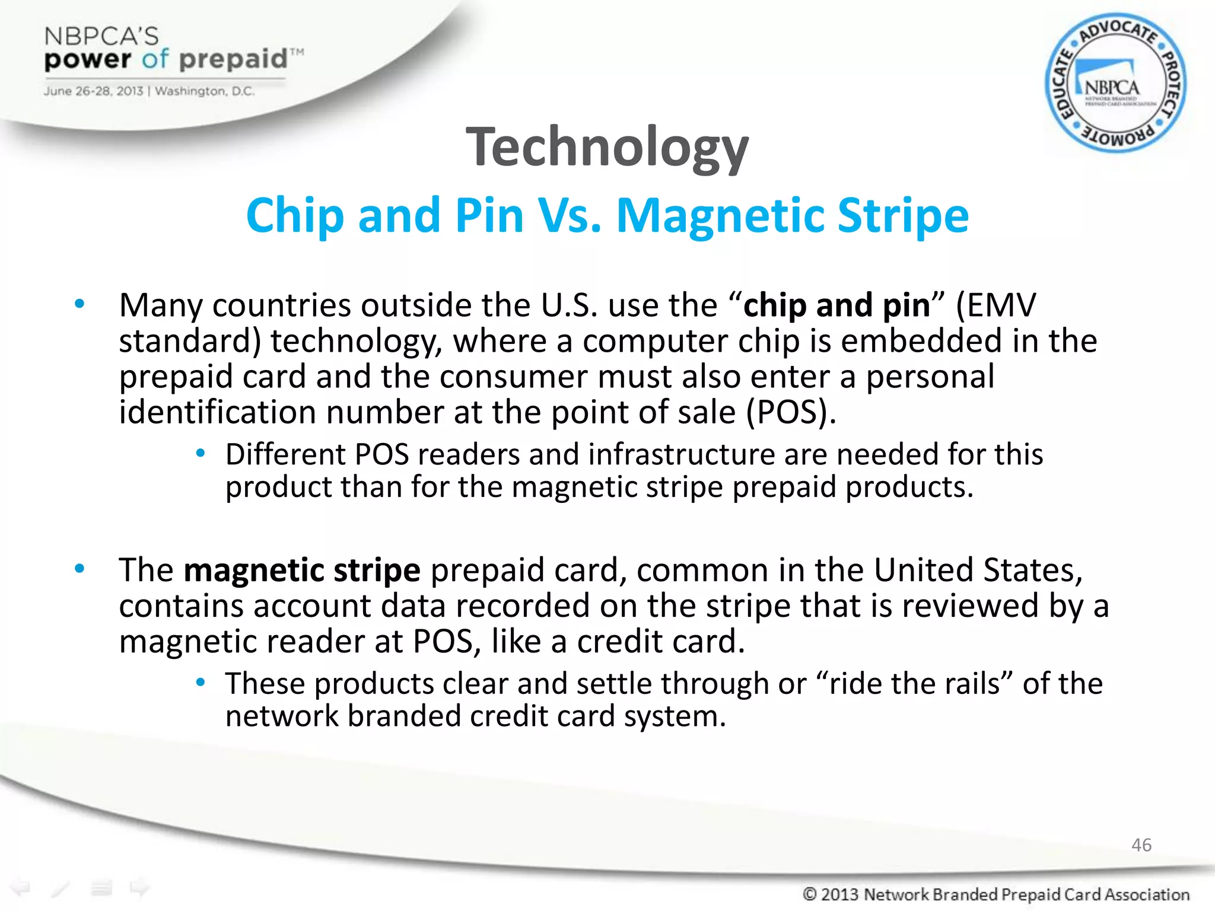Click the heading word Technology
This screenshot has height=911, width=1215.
(607, 147)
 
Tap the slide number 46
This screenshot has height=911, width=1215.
(1141, 845)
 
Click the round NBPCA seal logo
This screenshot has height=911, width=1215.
(1115, 83)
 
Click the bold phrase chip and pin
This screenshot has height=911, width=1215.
(836, 305)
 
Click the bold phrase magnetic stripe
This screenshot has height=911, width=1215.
(302, 571)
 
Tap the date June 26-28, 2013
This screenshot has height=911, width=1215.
(93, 91)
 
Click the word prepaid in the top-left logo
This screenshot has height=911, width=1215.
(233, 59)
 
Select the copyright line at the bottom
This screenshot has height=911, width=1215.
(995, 893)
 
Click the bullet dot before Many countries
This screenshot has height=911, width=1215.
(79, 305)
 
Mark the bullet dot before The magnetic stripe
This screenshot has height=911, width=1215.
(79, 569)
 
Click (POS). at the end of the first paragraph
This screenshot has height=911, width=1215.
(790, 412)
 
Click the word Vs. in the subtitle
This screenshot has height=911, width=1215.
(570, 216)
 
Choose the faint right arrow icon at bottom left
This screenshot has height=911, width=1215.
(140, 887)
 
